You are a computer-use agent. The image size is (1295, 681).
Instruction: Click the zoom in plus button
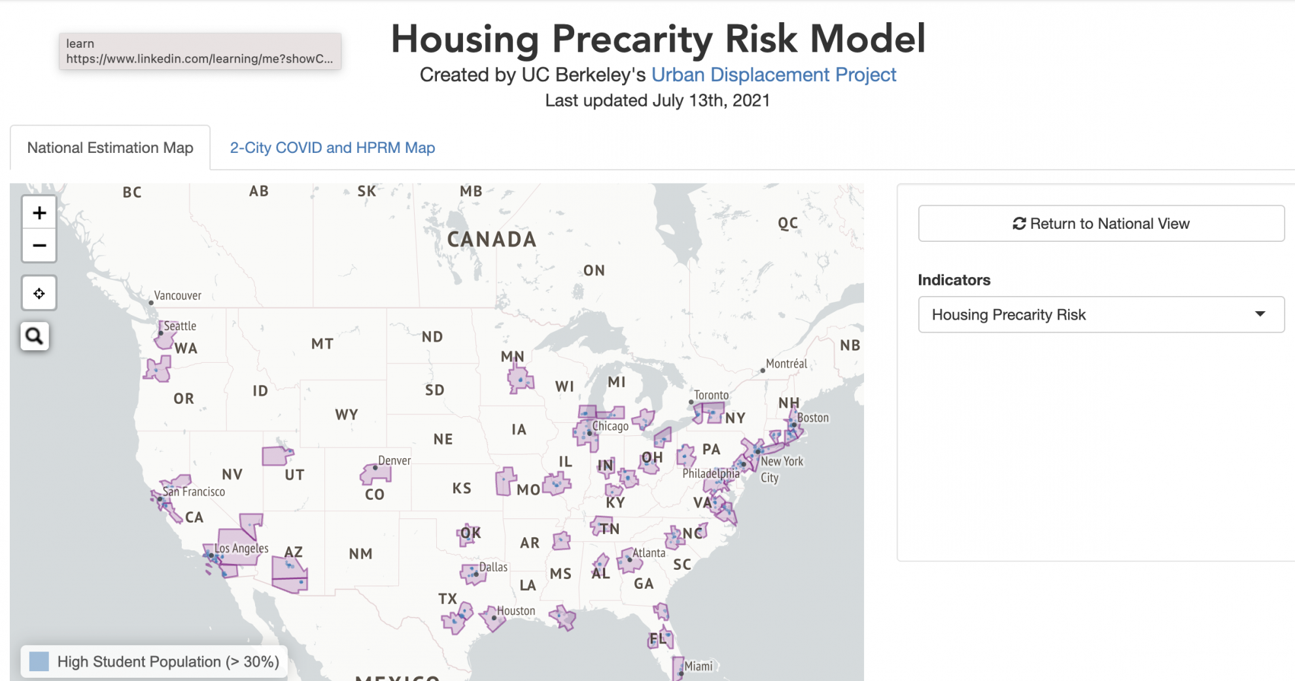coord(39,213)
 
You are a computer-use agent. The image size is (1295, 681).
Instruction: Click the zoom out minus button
coord(39,246)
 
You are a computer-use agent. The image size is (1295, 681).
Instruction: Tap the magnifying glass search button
coord(35,336)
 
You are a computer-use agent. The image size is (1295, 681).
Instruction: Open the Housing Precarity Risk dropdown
coord(1101,314)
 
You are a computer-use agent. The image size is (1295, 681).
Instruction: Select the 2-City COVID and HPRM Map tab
coord(332,148)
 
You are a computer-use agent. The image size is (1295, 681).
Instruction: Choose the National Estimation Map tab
coord(110,148)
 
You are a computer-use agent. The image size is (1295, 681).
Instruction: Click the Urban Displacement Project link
coord(773,75)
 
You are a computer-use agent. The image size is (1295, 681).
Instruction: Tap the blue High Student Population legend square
coord(39,661)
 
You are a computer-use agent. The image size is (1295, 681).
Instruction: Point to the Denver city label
coord(394,460)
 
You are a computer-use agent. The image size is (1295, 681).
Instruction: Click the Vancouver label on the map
coord(177,295)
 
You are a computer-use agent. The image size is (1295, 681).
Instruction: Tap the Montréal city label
coord(786,363)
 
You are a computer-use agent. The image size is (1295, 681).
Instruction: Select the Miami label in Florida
coord(698,666)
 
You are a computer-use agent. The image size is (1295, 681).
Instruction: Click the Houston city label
coord(515,610)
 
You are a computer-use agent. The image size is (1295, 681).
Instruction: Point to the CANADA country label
coord(492,239)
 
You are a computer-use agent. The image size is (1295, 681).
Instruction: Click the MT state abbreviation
coord(322,344)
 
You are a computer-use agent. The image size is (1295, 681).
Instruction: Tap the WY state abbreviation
coord(346,414)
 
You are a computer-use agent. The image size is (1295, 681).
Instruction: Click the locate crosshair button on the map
coord(39,293)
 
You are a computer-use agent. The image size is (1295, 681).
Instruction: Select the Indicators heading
coord(954,280)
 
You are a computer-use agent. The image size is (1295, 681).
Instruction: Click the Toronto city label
coord(711,395)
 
